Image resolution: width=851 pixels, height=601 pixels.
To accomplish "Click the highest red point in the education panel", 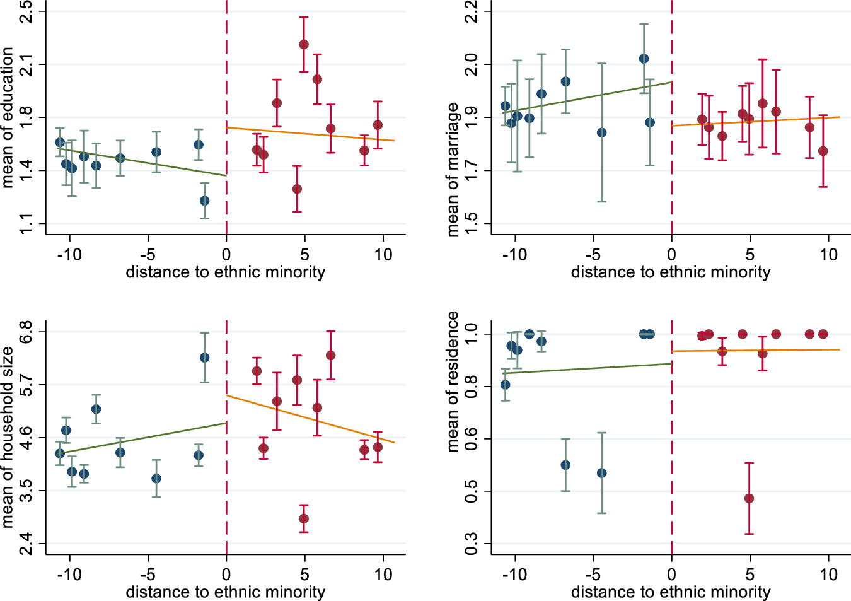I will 304,44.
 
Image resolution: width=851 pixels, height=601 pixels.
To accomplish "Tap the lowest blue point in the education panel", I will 204,201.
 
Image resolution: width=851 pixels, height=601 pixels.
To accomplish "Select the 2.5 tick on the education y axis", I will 26,11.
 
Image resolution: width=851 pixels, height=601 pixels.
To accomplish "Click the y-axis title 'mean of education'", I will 8,118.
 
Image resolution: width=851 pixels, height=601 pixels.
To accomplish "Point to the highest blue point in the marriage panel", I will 644,59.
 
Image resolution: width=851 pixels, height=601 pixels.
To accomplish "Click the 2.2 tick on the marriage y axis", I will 471,11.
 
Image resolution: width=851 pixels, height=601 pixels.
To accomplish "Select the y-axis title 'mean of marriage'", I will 453,170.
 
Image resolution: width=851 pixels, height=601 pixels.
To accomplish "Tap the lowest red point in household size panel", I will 304,518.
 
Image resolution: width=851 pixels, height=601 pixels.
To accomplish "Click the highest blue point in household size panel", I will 204,358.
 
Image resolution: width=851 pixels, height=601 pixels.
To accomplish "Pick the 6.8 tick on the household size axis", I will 26,332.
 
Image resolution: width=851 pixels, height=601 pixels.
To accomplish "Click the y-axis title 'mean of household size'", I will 8,436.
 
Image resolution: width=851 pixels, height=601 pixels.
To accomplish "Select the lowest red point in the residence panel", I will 749,498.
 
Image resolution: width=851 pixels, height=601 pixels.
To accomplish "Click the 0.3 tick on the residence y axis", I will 471,544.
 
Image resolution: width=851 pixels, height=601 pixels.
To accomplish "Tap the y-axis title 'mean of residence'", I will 453,382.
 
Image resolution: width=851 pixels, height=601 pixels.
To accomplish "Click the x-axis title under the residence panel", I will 671,592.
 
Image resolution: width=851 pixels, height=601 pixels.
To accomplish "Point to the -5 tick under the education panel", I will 148,255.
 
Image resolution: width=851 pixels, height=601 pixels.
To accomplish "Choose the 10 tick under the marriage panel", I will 828,255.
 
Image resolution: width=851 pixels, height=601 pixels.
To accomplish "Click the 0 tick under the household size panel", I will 226,575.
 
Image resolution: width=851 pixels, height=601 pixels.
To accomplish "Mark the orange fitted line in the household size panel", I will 309,419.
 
